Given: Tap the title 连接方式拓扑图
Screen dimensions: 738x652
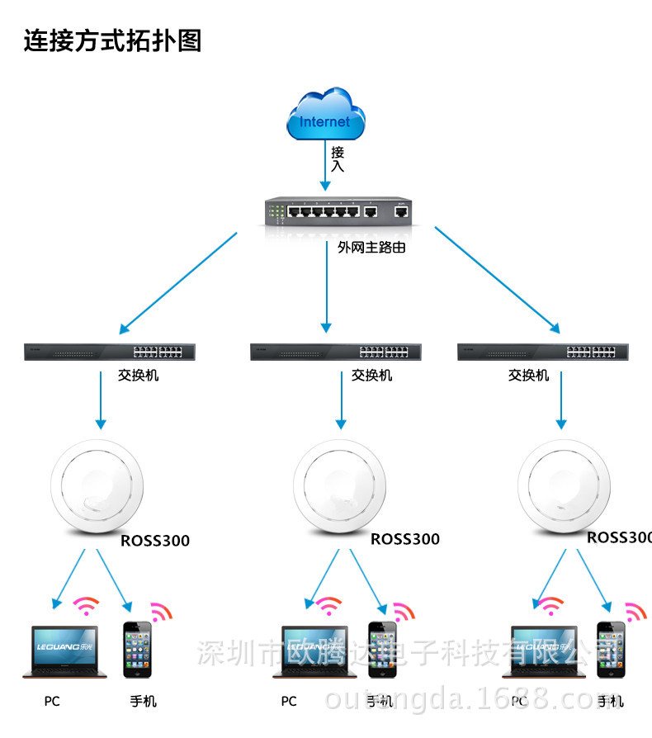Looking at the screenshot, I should [112, 40].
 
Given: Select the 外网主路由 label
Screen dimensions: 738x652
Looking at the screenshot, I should [371, 247].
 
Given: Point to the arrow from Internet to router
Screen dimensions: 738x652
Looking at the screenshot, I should [325, 165].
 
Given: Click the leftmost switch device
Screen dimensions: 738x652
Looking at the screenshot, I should [110, 352].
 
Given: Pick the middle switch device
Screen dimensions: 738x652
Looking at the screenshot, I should [337, 352].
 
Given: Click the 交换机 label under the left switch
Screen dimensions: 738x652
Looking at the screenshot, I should [139, 376].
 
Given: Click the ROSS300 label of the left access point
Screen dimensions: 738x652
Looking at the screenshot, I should [155, 542].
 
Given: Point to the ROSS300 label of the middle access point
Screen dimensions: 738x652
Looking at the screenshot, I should [404, 540].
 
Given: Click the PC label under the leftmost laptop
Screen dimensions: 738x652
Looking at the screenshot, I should [52, 702].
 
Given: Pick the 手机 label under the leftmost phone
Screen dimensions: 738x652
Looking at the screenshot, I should [143, 702].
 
